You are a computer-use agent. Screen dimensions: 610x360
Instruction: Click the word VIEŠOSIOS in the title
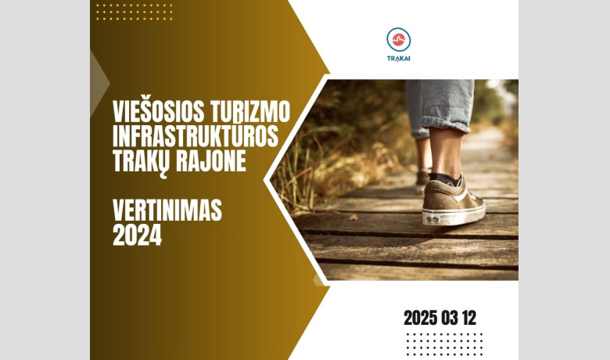point(158,111)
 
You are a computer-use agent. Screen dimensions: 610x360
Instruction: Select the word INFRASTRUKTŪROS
point(196,136)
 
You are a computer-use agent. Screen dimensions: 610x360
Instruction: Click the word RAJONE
point(211,160)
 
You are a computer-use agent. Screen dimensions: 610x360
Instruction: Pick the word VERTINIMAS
point(167,211)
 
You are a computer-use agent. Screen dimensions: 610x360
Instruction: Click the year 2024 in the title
point(137,235)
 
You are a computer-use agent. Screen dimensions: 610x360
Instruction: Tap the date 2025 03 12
point(440,318)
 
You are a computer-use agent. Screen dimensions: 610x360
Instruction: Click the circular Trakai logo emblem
point(399,39)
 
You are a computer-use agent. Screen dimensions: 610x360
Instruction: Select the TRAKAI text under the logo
point(399,59)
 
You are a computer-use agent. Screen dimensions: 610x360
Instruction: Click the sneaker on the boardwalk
point(454,202)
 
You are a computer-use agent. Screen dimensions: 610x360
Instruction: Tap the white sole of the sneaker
point(454,216)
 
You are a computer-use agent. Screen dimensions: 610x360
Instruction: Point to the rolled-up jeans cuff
point(446,124)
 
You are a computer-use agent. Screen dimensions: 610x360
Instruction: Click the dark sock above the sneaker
point(446,179)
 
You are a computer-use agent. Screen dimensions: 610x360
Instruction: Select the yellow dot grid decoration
point(135,12)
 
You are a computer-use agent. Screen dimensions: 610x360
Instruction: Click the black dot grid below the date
point(444,344)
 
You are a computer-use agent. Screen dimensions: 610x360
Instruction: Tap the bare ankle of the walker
point(447,153)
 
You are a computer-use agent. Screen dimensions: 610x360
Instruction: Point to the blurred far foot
point(423,177)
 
